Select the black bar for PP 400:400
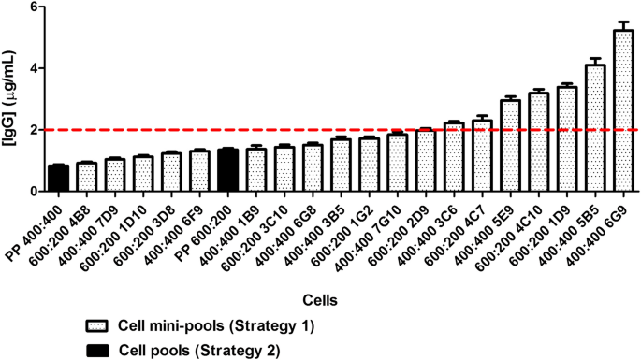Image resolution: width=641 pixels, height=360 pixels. (58, 178)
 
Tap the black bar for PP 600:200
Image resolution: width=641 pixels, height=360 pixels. (226, 170)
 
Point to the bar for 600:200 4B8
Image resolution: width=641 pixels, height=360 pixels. (86, 177)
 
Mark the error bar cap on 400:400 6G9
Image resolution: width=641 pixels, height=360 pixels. (622, 22)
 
